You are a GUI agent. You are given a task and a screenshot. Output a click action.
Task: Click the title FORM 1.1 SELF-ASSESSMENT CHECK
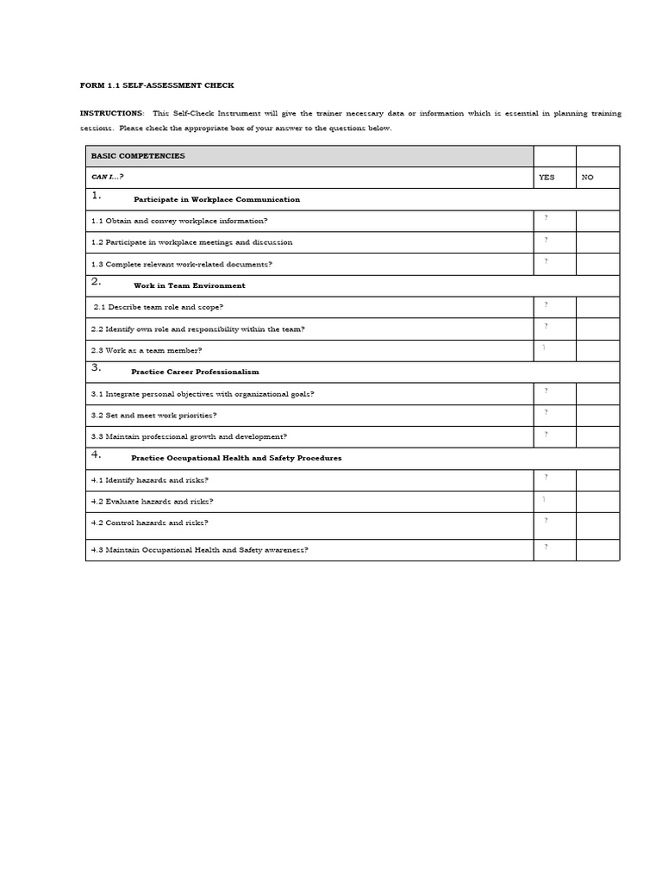click(157, 85)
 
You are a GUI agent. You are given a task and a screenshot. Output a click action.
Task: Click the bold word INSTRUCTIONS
click(111, 113)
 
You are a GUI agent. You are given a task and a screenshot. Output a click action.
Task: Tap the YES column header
click(546, 178)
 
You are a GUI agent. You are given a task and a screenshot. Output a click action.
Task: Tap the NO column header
click(588, 178)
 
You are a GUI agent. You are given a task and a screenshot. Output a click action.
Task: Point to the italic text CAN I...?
click(108, 178)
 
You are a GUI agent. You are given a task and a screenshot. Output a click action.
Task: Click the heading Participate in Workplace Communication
click(216, 199)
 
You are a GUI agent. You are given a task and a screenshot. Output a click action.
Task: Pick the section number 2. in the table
click(97, 282)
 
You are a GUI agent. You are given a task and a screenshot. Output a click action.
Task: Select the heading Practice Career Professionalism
click(195, 372)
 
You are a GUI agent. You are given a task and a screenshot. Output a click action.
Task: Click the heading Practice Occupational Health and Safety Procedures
click(236, 458)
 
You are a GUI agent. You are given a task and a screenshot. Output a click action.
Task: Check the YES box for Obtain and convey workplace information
click(554, 221)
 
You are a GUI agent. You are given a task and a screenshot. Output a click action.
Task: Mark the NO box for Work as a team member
click(597, 350)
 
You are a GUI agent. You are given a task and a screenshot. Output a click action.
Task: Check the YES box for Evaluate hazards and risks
click(554, 501)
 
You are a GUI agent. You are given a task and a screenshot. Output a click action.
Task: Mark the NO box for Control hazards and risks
click(597, 523)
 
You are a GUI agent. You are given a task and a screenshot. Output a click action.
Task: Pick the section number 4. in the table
click(97, 454)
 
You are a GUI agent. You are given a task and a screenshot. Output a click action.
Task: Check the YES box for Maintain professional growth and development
click(554, 436)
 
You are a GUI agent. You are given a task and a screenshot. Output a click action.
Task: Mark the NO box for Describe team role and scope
click(597, 307)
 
